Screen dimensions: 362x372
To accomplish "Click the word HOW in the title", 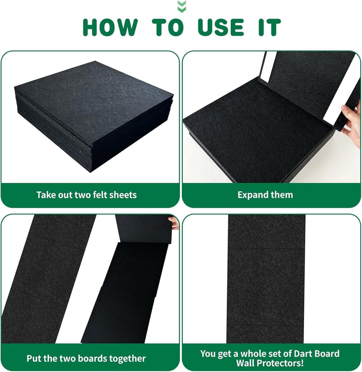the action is (x=110, y=27).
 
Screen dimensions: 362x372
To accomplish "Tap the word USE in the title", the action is (x=221, y=27).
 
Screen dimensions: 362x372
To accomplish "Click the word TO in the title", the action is (x=168, y=27).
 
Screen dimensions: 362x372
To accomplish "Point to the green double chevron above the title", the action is (x=182, y=6).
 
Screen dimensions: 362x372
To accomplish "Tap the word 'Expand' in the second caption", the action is (x=252, y=195).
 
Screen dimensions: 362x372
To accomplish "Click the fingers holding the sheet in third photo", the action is (x=174, y=223).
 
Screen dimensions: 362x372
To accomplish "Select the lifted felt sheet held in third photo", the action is (x=144, y=229).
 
